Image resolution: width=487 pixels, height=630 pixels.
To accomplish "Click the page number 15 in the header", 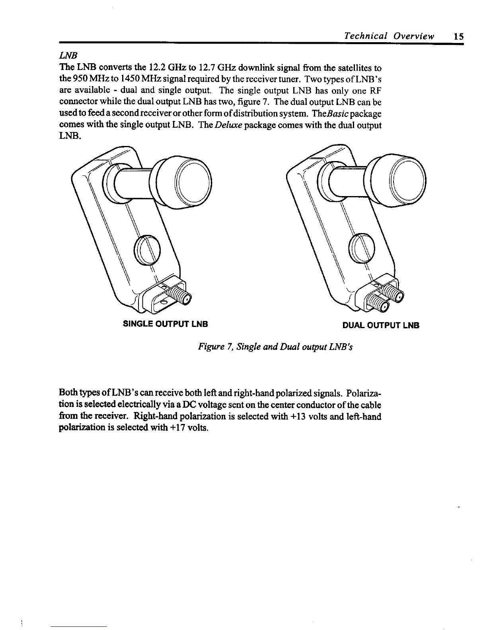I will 458,37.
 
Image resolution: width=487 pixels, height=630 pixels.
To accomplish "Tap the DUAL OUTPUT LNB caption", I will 381,325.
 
